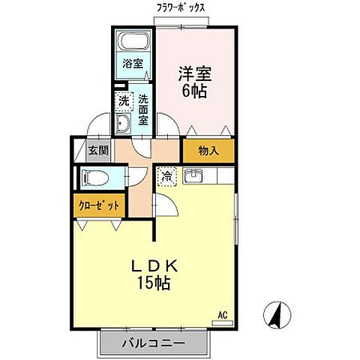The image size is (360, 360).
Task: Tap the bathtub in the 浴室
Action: point(133,42)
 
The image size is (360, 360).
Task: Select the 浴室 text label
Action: point(133,64)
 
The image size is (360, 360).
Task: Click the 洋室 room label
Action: point(194,74)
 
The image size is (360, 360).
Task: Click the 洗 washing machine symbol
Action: point(122,99)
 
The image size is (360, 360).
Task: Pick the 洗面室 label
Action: point(142,107)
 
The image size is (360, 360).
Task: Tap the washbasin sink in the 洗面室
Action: point(123,124)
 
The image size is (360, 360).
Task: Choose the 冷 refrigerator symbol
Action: point(166,177)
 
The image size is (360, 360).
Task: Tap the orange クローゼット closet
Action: point(98,204)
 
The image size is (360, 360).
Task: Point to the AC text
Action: point(222,314)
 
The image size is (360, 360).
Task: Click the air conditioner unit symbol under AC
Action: point(222,322)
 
